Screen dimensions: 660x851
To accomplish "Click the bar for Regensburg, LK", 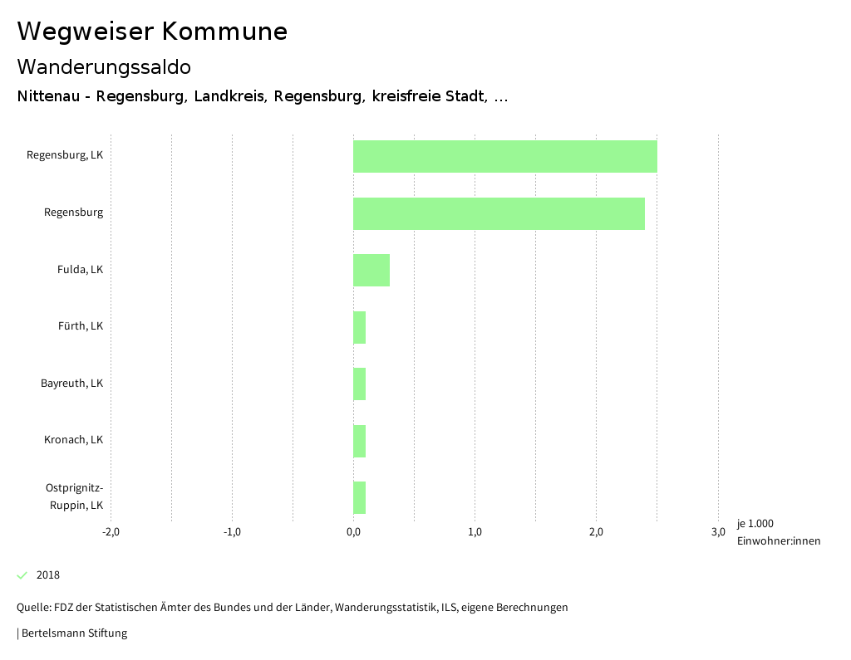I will point(505,156).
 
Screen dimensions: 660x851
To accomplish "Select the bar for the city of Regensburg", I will point(499,213).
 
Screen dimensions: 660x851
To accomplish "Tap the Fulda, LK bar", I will point(371,270).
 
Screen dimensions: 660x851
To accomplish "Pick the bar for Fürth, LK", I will point(360,327).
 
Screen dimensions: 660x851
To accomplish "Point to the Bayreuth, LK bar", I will point(360,384).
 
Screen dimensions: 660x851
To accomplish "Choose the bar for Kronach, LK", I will point(360,441).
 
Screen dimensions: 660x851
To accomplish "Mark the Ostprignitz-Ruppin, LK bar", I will point(360,497).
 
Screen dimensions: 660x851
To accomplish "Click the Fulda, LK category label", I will point(80,270).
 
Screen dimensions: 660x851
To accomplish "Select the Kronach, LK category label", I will point(73,440).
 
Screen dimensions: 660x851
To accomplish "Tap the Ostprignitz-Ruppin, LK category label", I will point(74,496).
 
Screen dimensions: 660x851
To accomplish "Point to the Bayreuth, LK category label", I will point(71,384).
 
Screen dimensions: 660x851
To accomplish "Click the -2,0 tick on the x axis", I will point(111,532).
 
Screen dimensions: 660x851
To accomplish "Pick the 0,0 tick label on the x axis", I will point(353,532).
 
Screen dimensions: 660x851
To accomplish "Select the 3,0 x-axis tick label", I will point(718,532).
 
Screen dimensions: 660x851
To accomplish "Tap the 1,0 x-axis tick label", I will point(475,532).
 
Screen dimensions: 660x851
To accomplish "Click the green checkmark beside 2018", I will point(22,575).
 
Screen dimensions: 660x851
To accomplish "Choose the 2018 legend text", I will point(48,575).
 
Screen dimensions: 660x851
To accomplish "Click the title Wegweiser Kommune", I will point(152,32).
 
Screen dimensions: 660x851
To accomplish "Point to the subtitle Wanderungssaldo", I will point(104,67).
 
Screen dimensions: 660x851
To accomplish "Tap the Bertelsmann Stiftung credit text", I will point(73,633).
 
